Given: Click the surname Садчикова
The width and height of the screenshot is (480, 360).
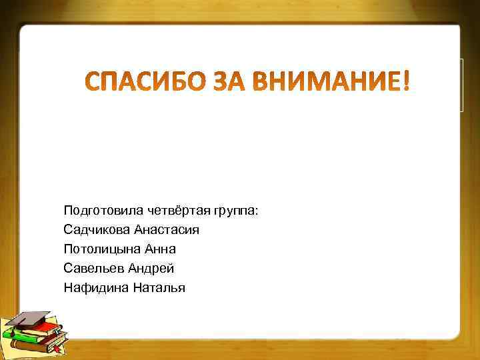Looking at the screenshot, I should [x=96, y=230].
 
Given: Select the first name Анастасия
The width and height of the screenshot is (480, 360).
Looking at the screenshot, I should [x=167, y=230].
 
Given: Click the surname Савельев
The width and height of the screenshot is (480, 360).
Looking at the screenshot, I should [x=93, y=269].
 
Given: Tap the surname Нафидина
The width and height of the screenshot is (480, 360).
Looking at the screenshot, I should [x=94, y=288].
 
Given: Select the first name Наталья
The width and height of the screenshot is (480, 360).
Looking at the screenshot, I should [x=157, y=288].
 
